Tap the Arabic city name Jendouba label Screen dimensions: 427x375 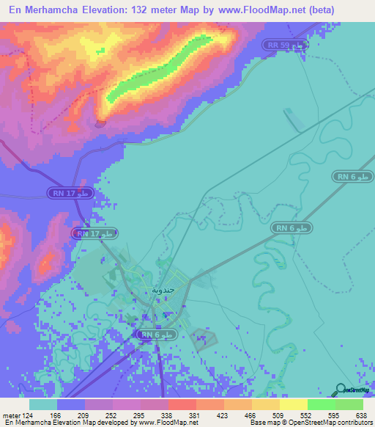(163, 290)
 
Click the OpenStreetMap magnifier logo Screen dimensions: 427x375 (341, 390)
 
